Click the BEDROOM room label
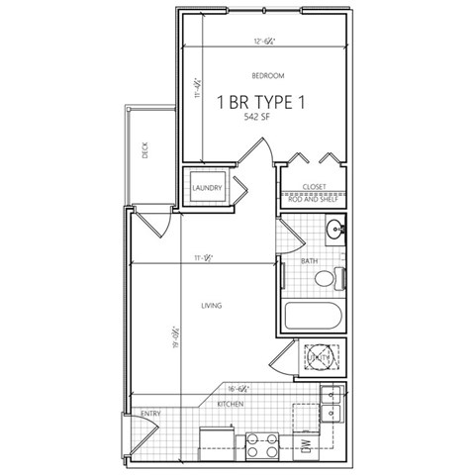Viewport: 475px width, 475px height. tap(267, 76)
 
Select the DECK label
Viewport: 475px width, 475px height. tap(144, 151)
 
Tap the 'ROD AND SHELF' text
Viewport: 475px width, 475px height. tap(315, 196)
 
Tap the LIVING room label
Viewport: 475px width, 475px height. tap(210, 306)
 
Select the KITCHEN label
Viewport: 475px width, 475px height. tap(231, 404)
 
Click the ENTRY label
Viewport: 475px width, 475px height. tap(150, 414)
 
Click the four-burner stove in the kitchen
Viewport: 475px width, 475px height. tap(261, 445)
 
